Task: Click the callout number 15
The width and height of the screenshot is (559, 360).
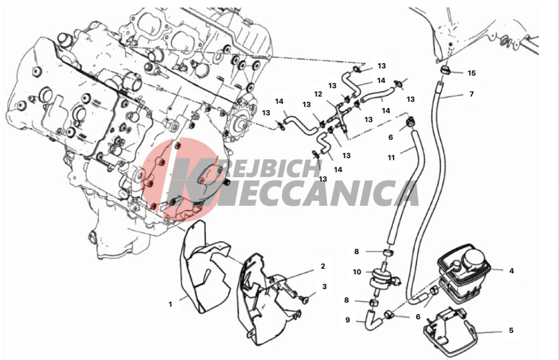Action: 471,73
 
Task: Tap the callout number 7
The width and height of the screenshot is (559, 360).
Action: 471,94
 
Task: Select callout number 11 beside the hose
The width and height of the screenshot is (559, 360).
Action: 391,158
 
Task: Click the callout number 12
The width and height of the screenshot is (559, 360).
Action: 318,94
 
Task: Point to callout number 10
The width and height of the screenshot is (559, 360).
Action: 357,272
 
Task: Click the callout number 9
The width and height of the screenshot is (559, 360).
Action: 348,320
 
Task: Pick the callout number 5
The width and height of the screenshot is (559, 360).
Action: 511,330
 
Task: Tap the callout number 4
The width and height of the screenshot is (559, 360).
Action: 511,271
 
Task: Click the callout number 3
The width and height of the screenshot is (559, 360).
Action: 324,286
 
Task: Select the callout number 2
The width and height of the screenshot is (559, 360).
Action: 323,266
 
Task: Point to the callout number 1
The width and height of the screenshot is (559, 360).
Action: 170,305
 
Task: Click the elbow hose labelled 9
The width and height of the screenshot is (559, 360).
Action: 371,319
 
